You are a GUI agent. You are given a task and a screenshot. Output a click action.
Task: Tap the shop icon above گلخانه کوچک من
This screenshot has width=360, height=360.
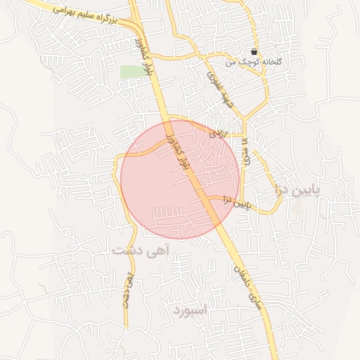point(253,51)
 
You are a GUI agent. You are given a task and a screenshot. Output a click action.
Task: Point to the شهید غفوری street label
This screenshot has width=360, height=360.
point(221,89)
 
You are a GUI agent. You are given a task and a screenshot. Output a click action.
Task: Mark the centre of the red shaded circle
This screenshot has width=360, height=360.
point(181,180)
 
